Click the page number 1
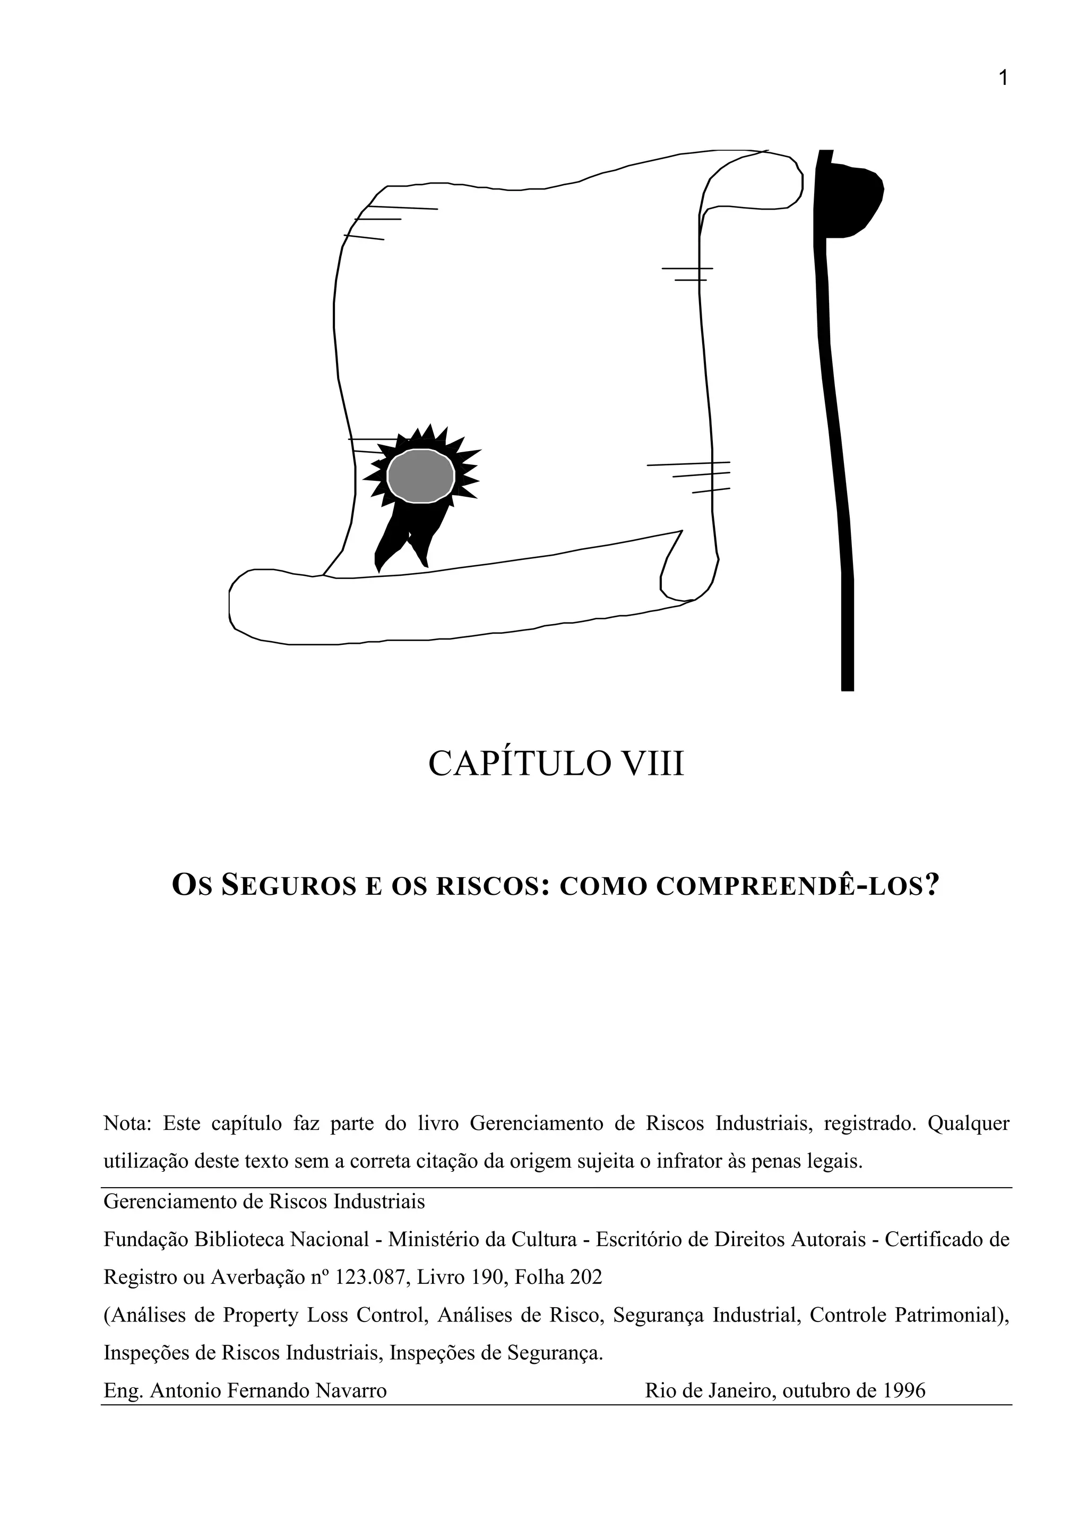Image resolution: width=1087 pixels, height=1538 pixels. tap(1003, 79)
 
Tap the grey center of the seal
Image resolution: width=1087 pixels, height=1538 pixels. tap(420, 476)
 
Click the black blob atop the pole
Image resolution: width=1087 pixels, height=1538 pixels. tap(854, 201)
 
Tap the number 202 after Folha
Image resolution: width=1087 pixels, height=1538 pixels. tap(586, 1277)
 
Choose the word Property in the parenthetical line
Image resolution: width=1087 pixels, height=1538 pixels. tap(261, 1316)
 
